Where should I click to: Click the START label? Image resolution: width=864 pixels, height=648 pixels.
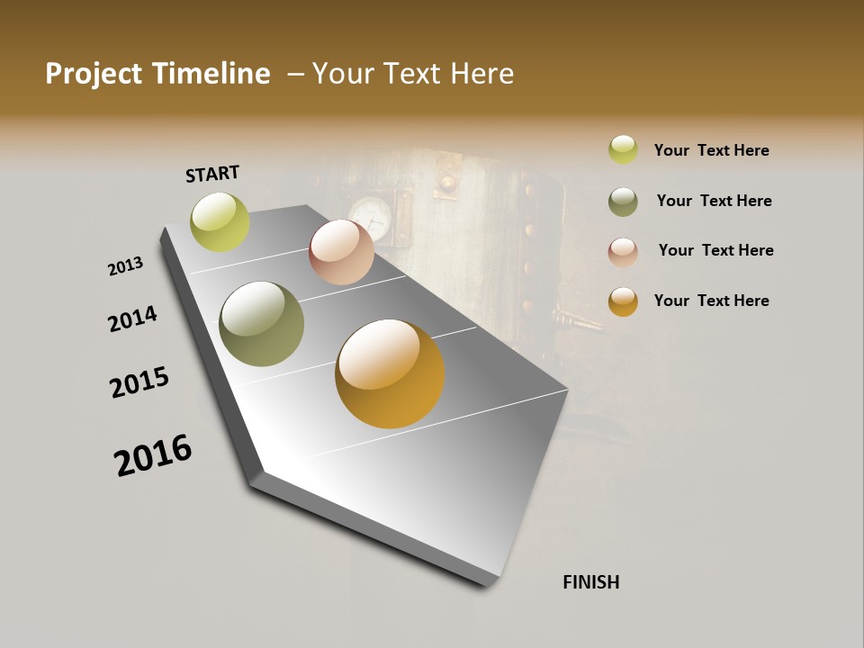click(x=212, y=174)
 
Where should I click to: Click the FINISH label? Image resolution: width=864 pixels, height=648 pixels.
click(x=590, y=582)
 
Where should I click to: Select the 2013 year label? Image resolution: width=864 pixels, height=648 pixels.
click(x=126, y=266)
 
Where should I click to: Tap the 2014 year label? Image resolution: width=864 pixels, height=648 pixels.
click(x=133, y=319)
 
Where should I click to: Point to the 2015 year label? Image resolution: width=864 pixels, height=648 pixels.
click(x=139, y=382)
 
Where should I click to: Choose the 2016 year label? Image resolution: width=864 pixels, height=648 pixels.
click(x=153, y=455)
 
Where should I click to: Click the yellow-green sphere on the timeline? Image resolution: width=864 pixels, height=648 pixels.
click(x=220, y=222)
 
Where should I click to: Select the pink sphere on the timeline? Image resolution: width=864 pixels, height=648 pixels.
click(x=341, y=252)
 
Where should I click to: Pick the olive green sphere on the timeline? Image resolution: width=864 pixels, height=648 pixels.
click(x=261, y=324)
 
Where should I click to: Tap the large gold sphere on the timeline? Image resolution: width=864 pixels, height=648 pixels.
click(x=390, y=373)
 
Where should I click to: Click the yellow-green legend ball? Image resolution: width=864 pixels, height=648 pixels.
click(x=623, y=150)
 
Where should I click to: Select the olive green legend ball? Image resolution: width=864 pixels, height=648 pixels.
click(x=623, y=202)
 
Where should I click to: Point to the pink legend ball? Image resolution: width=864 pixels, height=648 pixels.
click(x=623, y=251)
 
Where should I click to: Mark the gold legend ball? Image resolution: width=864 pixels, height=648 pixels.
click(x=623, y=301)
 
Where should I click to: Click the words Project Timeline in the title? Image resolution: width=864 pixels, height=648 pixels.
click(x=157, y=74)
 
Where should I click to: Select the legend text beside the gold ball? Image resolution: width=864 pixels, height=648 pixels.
click(x=711, y=301)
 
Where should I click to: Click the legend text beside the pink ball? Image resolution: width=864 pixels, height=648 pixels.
click(x=715, y=250)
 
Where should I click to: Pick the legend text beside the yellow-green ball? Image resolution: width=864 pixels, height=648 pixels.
click(x=711, y=150)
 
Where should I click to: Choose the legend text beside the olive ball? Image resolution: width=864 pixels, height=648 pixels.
click(x=714, y=201)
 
